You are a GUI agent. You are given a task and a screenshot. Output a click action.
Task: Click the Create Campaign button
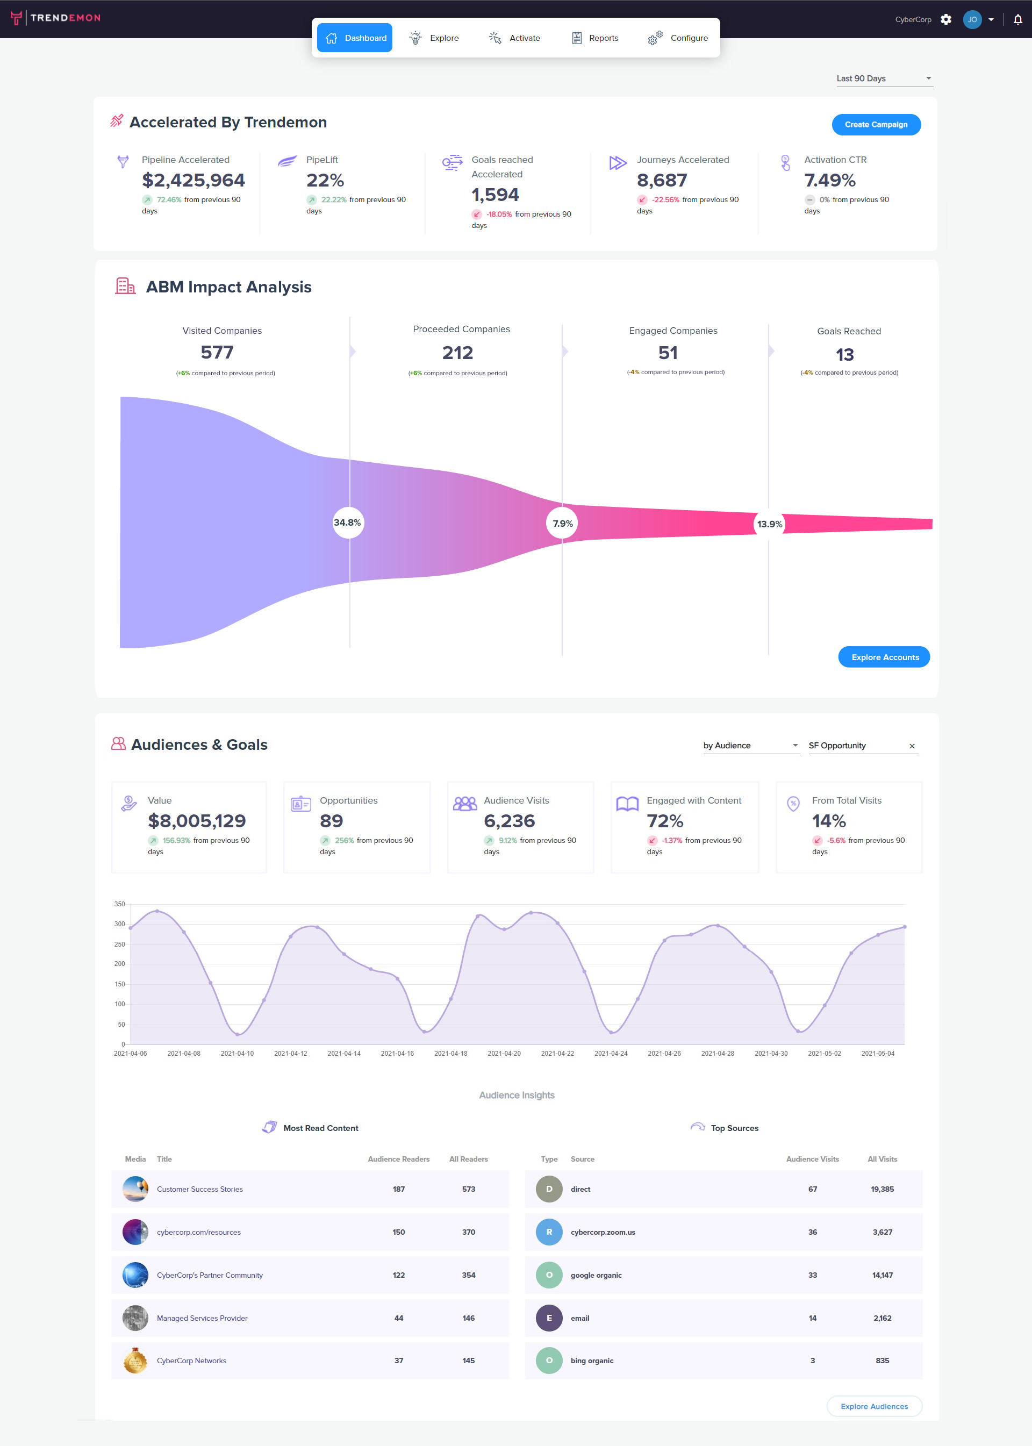click(x=876, y=125)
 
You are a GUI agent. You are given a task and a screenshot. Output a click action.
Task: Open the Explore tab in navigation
click(x=435, y=38)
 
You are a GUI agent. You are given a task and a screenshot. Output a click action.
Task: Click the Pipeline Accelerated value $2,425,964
click(x=193, y=181)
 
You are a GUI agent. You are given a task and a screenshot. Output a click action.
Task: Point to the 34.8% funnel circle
click(x=348, y=522)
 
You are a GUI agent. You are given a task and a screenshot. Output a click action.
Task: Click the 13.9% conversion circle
click(x=769, y=524)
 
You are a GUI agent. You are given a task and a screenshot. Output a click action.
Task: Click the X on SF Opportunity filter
click(x=912, y=746)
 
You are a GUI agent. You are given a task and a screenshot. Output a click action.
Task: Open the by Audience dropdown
click(x=750, y=746)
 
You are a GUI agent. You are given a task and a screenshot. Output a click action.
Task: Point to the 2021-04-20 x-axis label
click(x=504, y=1053)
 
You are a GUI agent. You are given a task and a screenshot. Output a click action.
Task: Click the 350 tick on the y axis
click(x=119, y=904)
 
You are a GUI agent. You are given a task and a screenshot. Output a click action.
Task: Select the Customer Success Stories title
click(x=199, y=1189)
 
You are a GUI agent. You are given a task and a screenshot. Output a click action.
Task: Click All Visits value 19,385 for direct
click(x=882, y=1189)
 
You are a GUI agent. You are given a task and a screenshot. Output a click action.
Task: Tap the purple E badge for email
click(x=549, y=1318)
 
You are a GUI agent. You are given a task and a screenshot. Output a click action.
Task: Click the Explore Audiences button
click(x=874, y=1406)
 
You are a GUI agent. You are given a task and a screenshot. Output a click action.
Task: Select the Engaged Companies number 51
click(x=668, y=353)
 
